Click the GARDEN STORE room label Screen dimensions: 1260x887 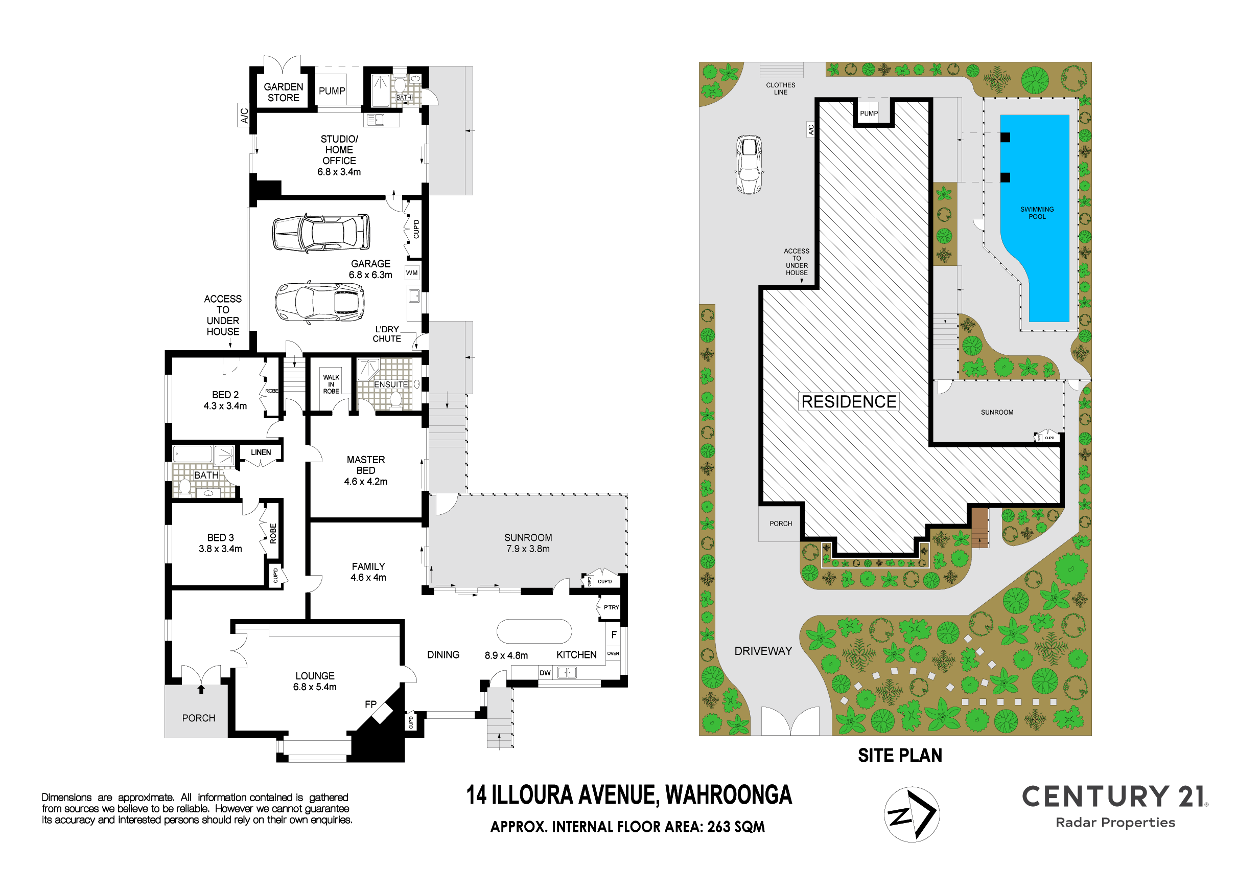pyautogui.click(x=283, y=92)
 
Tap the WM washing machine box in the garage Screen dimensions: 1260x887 pyautogui.click(x=412, y=273)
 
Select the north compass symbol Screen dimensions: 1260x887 pyautogui.click(x=912, y=814)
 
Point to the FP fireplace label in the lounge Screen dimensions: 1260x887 pyautogui.click(x=370, y=704)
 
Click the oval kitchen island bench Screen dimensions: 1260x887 pyautogui.click(x=534, y=631)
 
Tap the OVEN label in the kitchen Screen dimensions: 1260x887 pyautogui.click(x=613, y=653)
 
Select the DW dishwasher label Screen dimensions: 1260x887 pyautogui.click(x=545, y=673)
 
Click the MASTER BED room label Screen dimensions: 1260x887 pyautogui.click(x=366, y=465)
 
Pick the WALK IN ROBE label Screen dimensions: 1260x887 pyautogui.click(x=331, y=384)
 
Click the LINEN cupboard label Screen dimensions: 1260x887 pyautogui.click(x=261, y=452)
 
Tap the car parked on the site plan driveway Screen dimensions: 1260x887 pyautogui.click(x=749, y=165)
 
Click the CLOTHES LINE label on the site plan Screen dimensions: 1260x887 pyautogui.click(x=780, y=88)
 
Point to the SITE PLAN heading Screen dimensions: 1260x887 pyautogui.click(x=900, y=756)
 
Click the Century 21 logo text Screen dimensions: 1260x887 pyautogui.click(x=1114, y=797)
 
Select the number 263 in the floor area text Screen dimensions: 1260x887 pyautogui.click(x=719, y=827)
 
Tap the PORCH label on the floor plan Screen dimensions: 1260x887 pyautogui.click(x=199, y=718)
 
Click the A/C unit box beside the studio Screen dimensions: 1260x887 pyautogui.click(x=244, y=115)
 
